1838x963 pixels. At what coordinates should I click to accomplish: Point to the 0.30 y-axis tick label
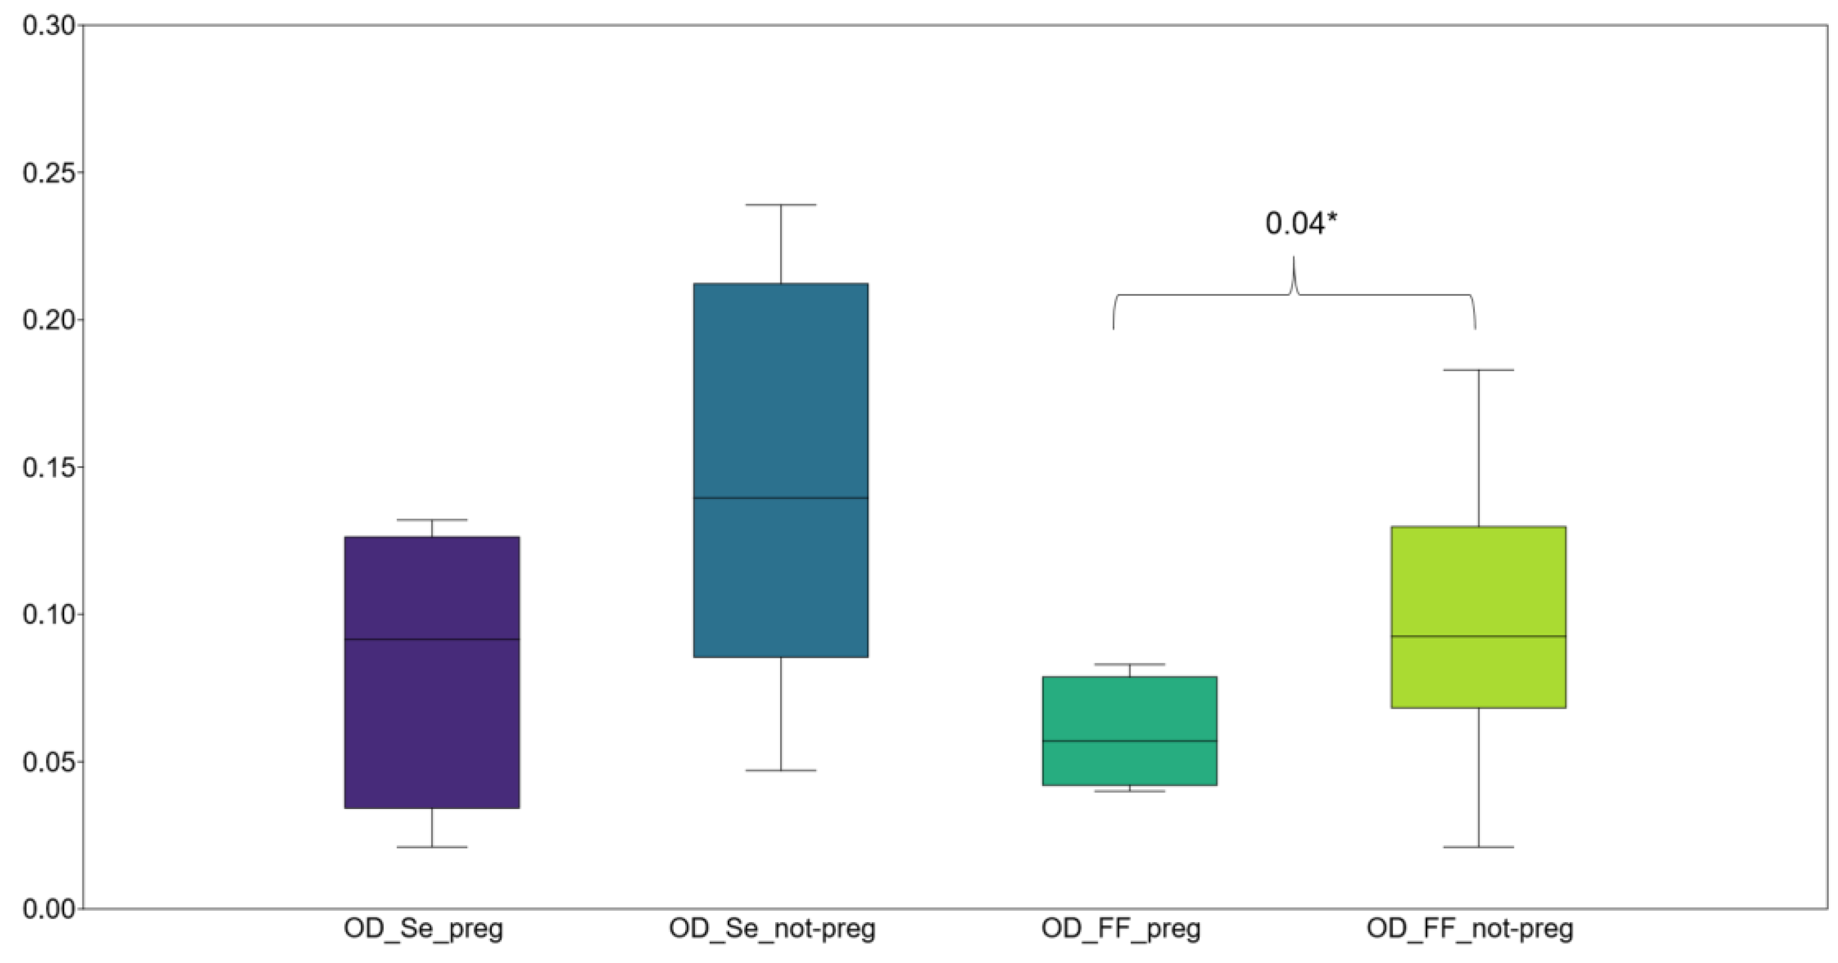tap(49, 26)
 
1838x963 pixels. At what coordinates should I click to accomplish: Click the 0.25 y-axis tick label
tap(49, 173)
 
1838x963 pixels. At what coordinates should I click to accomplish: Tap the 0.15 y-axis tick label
tap(49, 467)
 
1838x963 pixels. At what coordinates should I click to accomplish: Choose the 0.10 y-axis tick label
tap(49, 614)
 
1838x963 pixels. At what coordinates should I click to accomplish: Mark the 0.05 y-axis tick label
tap(49, 762)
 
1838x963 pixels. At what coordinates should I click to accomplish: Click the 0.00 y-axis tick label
tap(49, 909)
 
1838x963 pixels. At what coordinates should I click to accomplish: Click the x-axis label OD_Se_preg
tap(423, 929)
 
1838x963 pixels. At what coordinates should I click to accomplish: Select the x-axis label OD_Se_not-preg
tap(772, 929)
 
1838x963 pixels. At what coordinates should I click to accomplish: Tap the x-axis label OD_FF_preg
tap(1121, 929)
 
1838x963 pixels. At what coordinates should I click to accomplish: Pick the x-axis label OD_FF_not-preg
tap(1470, 929)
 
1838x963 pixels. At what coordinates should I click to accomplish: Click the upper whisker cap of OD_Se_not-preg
tap(781, 205)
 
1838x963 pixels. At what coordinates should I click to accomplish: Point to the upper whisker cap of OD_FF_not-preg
tap(1478, 370)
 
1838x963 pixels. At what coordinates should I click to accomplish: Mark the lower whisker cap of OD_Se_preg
tap(432, 847)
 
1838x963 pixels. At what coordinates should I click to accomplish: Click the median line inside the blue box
tap(781, 497)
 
